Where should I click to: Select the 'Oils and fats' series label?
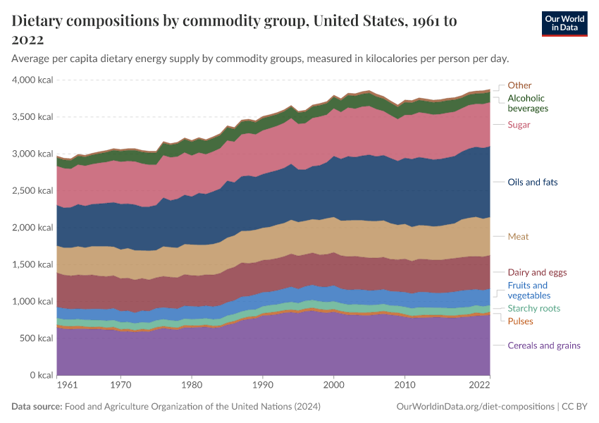(532, 182)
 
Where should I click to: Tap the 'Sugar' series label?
(519, 125)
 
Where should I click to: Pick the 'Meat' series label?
(518, 237)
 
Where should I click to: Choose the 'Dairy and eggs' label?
(537, 272)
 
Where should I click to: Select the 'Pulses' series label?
(520, 321)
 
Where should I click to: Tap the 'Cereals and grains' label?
(544, 345)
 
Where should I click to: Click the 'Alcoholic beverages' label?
(528, 104)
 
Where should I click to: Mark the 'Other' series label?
(519, 85)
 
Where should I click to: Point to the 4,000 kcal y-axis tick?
(32, 80)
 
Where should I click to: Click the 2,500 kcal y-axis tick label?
(32, 191)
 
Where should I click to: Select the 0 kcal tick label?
(41, 376)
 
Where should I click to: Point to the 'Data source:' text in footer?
(37, 407)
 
